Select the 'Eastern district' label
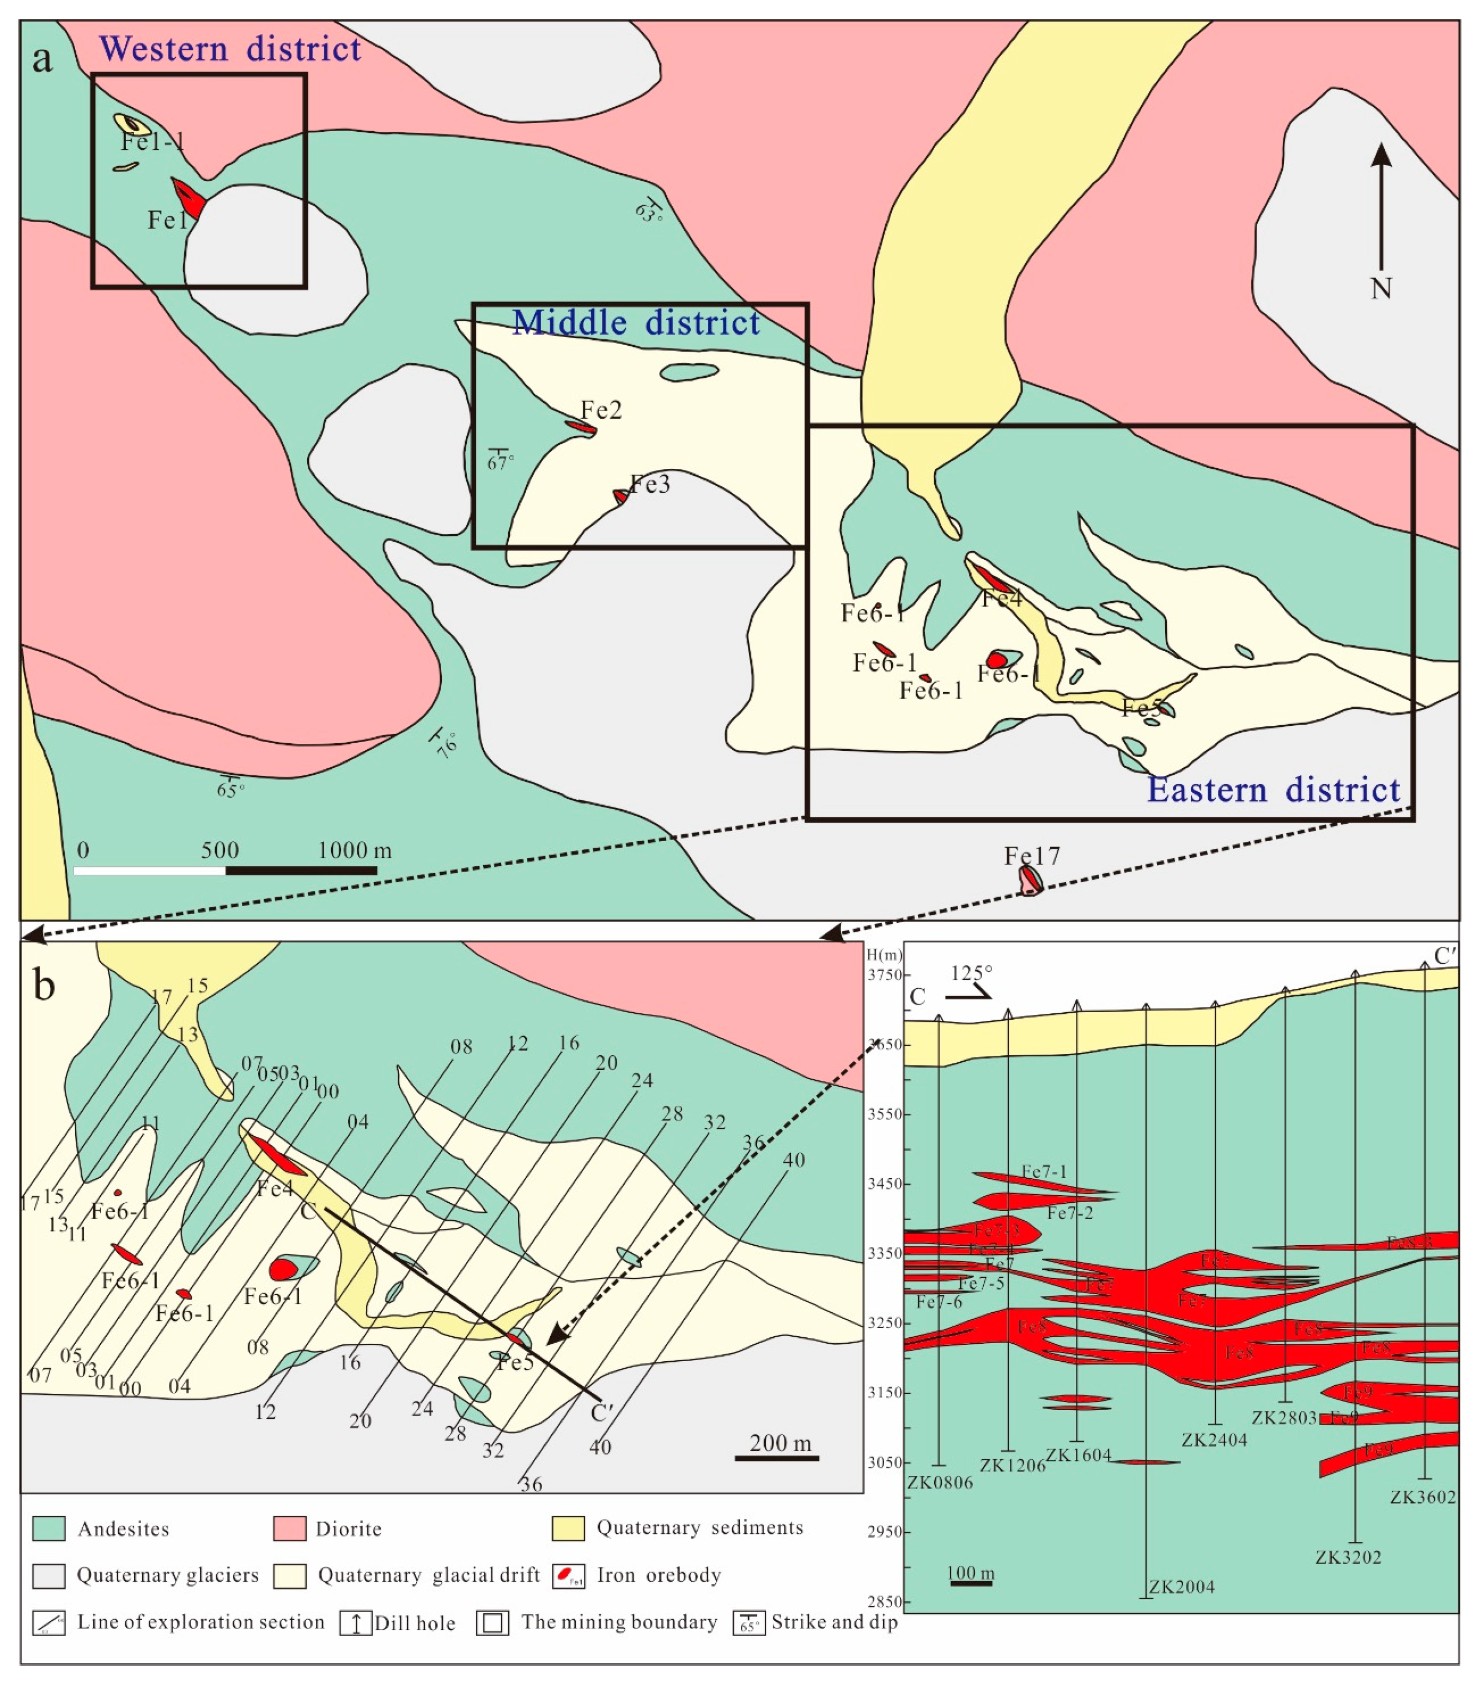1273,791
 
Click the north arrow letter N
1380,288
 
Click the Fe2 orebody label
601,410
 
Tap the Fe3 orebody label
650,484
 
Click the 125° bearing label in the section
971,973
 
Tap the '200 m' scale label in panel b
779,1443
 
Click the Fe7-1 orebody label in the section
1044,1172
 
